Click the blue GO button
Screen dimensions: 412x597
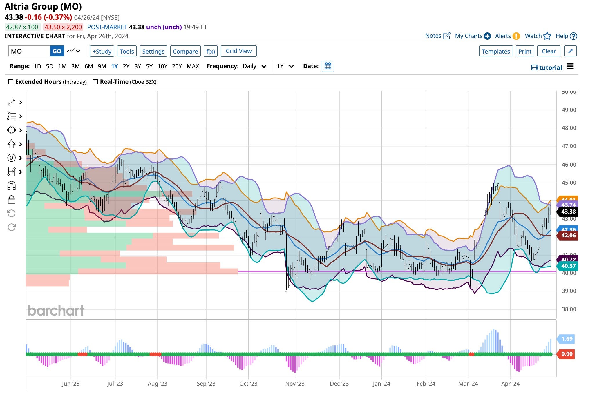click(x=57, y=51)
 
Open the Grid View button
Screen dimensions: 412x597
click(x=238, y=51)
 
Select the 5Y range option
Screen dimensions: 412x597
click(x=149, y=66)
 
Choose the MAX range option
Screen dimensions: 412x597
click(x=193, y=66)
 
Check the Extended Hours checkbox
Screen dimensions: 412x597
click(x=11, y=82)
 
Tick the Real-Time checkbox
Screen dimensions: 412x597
click(x=95, y=82)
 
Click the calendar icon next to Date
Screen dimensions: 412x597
click(x=328, y=66)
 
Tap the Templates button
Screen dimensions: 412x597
click(x=495, y=51)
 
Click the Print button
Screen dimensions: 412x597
click(x=525, y=51)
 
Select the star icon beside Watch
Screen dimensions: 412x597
click(x=547, y=36)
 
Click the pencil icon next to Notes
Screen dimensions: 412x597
click(x=447, y=36)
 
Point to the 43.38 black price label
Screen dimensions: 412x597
click(x=568, y=212)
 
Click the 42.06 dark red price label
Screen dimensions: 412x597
click(x=568, y=235)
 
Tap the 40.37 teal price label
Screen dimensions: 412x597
click(x=568, y=266)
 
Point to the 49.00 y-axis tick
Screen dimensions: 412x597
click(x=569, y=110)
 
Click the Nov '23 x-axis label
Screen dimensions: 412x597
click(x=295, y=384)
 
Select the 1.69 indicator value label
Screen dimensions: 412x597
click(x=567, y=339)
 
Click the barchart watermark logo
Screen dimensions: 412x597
click(x=56, y=311)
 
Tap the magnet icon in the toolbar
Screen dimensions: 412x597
click(x=12, y=185)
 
